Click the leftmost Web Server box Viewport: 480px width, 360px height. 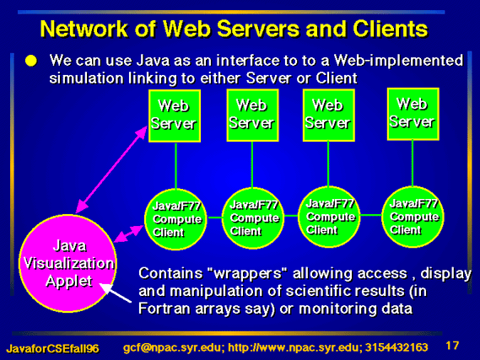pyautogui.click(x=175, y=116)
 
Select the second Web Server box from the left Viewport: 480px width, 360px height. pyautogui.click(x=252, y=116)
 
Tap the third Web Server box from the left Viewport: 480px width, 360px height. pyautogui.click(x=329, y=116)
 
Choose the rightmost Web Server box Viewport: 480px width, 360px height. pyautogui.click(x=413, y=114)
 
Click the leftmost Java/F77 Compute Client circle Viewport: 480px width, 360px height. pyautogui.click(x=175, y=219)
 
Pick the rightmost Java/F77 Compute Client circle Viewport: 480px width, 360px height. pyautogui.click(x=413, y=217)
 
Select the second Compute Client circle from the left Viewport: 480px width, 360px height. pyautogui.click(x=253, y=218)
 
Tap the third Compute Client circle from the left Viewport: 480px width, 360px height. pyautogui.click(x=329, y=217)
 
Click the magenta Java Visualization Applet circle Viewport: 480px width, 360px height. pyautogui.click(x=67, y=263)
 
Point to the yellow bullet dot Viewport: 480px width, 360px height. pyautogui.click(x=31, y=61)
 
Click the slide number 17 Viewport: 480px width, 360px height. pyautogui.click(x=452, y=346)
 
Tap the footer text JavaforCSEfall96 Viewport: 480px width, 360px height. pyautogui.click(x=52, y=348)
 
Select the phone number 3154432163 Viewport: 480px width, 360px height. pyautogui.click(x=396, y=347)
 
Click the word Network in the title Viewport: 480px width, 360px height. pyautogui.click(x=84, y=29)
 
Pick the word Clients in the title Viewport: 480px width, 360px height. pyautogui.click(x=391, y=29)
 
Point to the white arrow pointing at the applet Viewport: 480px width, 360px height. pyautogui.click(x=116, y=293)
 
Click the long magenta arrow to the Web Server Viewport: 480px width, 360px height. pyautogui.click(x=111, y=169)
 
